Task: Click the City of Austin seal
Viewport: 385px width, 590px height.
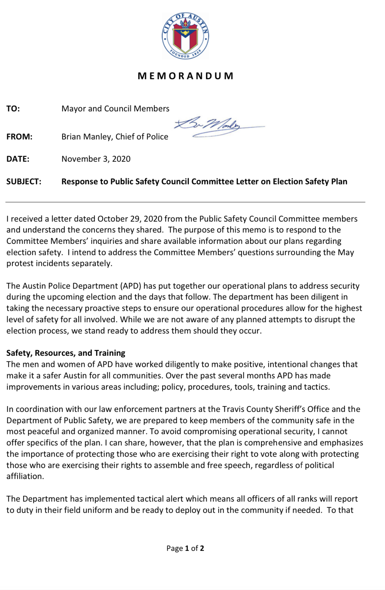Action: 185,36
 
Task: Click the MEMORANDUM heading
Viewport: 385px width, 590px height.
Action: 186,76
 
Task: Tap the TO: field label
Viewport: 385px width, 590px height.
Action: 13,109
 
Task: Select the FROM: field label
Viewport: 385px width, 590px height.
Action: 19,137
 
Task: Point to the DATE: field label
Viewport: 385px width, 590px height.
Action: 18,159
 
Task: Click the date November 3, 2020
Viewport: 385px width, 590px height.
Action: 96,159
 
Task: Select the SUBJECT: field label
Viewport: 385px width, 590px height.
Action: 24,182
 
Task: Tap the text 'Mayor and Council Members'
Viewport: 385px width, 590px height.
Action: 115,109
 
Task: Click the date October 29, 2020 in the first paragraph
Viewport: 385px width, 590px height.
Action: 130,219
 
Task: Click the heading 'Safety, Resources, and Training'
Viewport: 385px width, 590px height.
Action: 66,353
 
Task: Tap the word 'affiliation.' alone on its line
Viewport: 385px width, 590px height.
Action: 25,476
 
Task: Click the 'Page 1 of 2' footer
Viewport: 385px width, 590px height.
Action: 185,548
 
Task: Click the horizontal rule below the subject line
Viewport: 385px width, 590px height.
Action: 185,202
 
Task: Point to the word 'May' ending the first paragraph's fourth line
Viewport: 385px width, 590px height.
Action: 346,253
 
